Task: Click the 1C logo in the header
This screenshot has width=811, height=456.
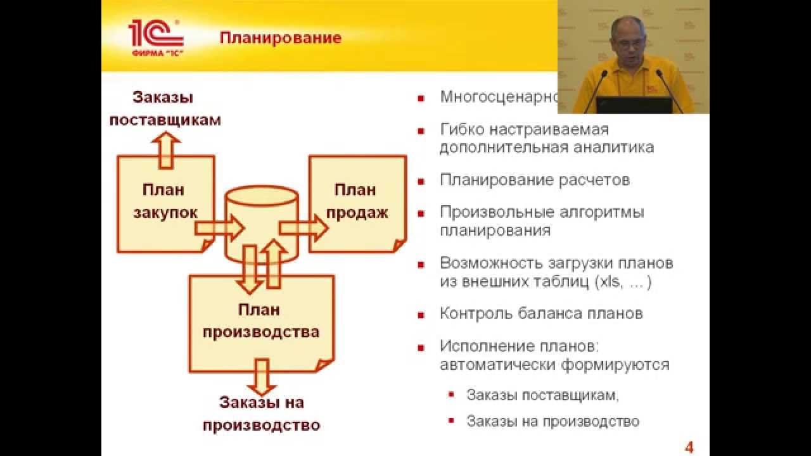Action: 156,37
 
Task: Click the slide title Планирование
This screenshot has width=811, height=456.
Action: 280,38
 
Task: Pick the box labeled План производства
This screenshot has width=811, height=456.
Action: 260,322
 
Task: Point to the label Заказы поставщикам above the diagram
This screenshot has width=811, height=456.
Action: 165,108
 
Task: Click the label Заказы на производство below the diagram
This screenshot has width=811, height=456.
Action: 261,413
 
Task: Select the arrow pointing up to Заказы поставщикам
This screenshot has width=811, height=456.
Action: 165,149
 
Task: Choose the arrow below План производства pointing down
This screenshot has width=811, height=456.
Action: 261,376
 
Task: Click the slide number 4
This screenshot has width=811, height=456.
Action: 689,448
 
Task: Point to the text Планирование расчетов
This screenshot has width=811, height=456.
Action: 535,180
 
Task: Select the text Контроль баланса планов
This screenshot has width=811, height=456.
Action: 541,313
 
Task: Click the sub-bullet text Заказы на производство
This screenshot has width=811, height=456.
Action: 552,421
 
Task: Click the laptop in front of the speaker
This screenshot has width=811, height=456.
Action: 634,105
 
